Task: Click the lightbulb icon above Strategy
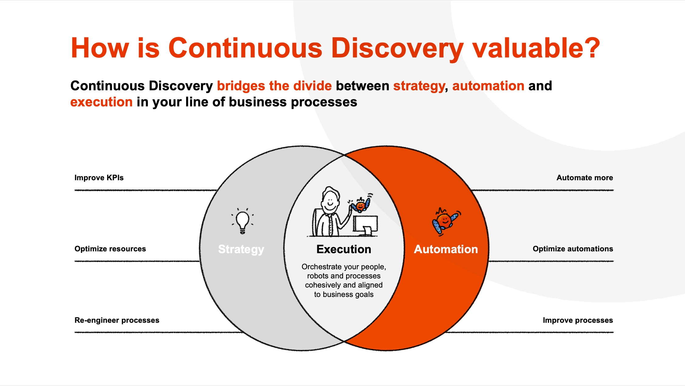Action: tap(242, 221)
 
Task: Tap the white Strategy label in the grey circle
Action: tap(241, 249)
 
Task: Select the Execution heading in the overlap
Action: tap(344, 249)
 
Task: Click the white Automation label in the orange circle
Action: tap(446, 249)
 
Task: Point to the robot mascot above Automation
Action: tap(446, 222)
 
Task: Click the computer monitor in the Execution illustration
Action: tap(365, 226)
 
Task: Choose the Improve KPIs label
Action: tap(99, 178)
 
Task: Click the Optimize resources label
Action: tap(110, 249)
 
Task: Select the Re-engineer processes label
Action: tap(117, 320)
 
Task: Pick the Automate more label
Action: tap(585, 178)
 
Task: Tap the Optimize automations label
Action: tap(573, 249)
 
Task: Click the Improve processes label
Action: tap(578, 320)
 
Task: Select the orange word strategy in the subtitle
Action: tap(419, 86)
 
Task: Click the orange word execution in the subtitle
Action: tap(101, 102)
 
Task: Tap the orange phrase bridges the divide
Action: tap(274, 86)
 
